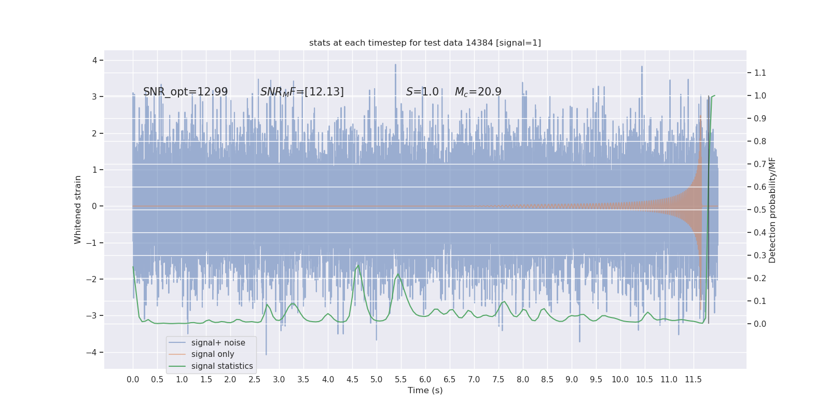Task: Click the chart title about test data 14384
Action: pos(425,43)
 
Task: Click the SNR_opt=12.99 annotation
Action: pos(185,92)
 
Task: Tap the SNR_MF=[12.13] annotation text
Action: pos(302,92)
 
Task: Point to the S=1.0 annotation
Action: pos(422,92)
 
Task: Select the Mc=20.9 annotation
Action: pos(478,92)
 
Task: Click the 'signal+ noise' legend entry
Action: pos(218,342)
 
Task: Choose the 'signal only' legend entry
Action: pos(213,354)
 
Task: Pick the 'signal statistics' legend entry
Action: pos(222,366)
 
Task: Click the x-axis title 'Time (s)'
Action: pos(425,390)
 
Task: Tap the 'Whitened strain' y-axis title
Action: pos(78,210)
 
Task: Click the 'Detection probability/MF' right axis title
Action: pos(772,210)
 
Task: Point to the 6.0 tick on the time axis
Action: pos(425,379)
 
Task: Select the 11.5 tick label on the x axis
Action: pos(693,379)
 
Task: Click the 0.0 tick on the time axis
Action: pos(133,379)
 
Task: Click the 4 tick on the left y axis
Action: pos(94,60)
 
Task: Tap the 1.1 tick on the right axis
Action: pos(760,73)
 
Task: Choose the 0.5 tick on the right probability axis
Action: pos(760,210)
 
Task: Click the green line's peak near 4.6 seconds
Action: pos(358,266)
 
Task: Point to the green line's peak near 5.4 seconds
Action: pos(398,274)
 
